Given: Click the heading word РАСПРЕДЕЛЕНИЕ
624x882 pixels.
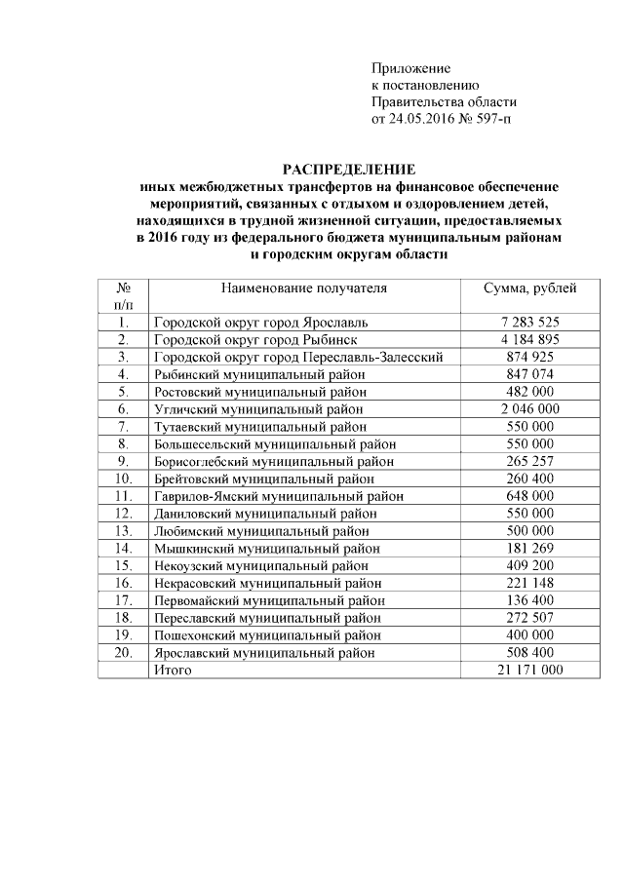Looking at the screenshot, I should point(349,169).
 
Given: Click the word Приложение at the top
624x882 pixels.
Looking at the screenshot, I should point(410,68).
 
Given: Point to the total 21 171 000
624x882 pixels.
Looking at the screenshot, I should point(530,671).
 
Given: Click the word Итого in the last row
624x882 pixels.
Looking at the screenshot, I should point(174,671).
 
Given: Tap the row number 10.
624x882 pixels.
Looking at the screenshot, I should point(123,479).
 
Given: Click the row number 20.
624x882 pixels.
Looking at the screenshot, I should point(123,653).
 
